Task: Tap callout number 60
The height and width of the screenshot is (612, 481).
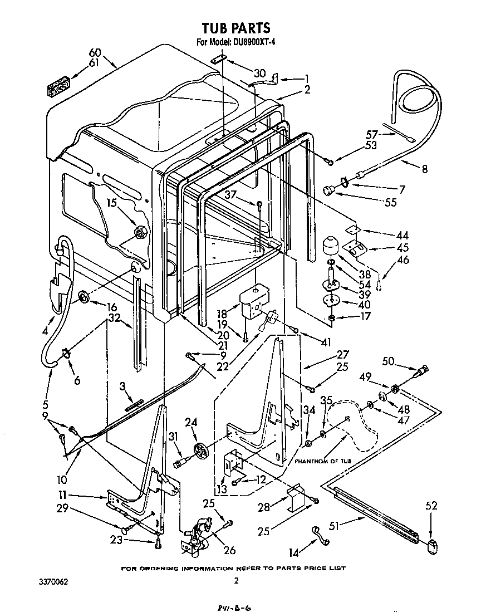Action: [x=95, y=52]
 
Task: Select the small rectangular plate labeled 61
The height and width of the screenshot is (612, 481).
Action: [x=57, y=87]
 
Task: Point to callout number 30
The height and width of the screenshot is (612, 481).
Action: [x=260, y=74]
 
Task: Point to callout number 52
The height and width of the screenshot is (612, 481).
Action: [x=431, y=506]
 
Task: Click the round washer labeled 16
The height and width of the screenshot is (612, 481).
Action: [x=84, y=298]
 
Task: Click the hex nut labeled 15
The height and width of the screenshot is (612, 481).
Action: [x=140, y=231]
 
